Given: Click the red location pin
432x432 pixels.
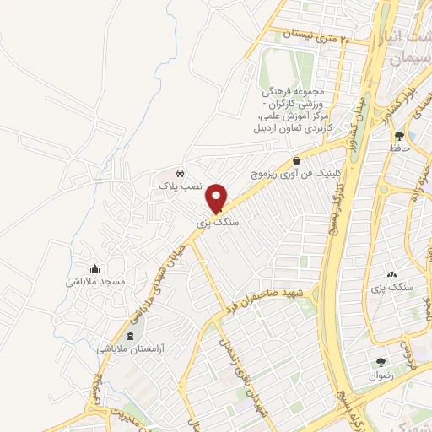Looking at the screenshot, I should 217,197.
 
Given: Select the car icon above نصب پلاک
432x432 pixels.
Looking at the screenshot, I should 180,174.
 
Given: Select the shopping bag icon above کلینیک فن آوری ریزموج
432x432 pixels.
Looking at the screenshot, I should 296,160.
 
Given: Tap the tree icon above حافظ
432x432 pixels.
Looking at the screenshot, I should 399,135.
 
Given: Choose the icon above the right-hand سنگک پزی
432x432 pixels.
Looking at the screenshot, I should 391,274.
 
